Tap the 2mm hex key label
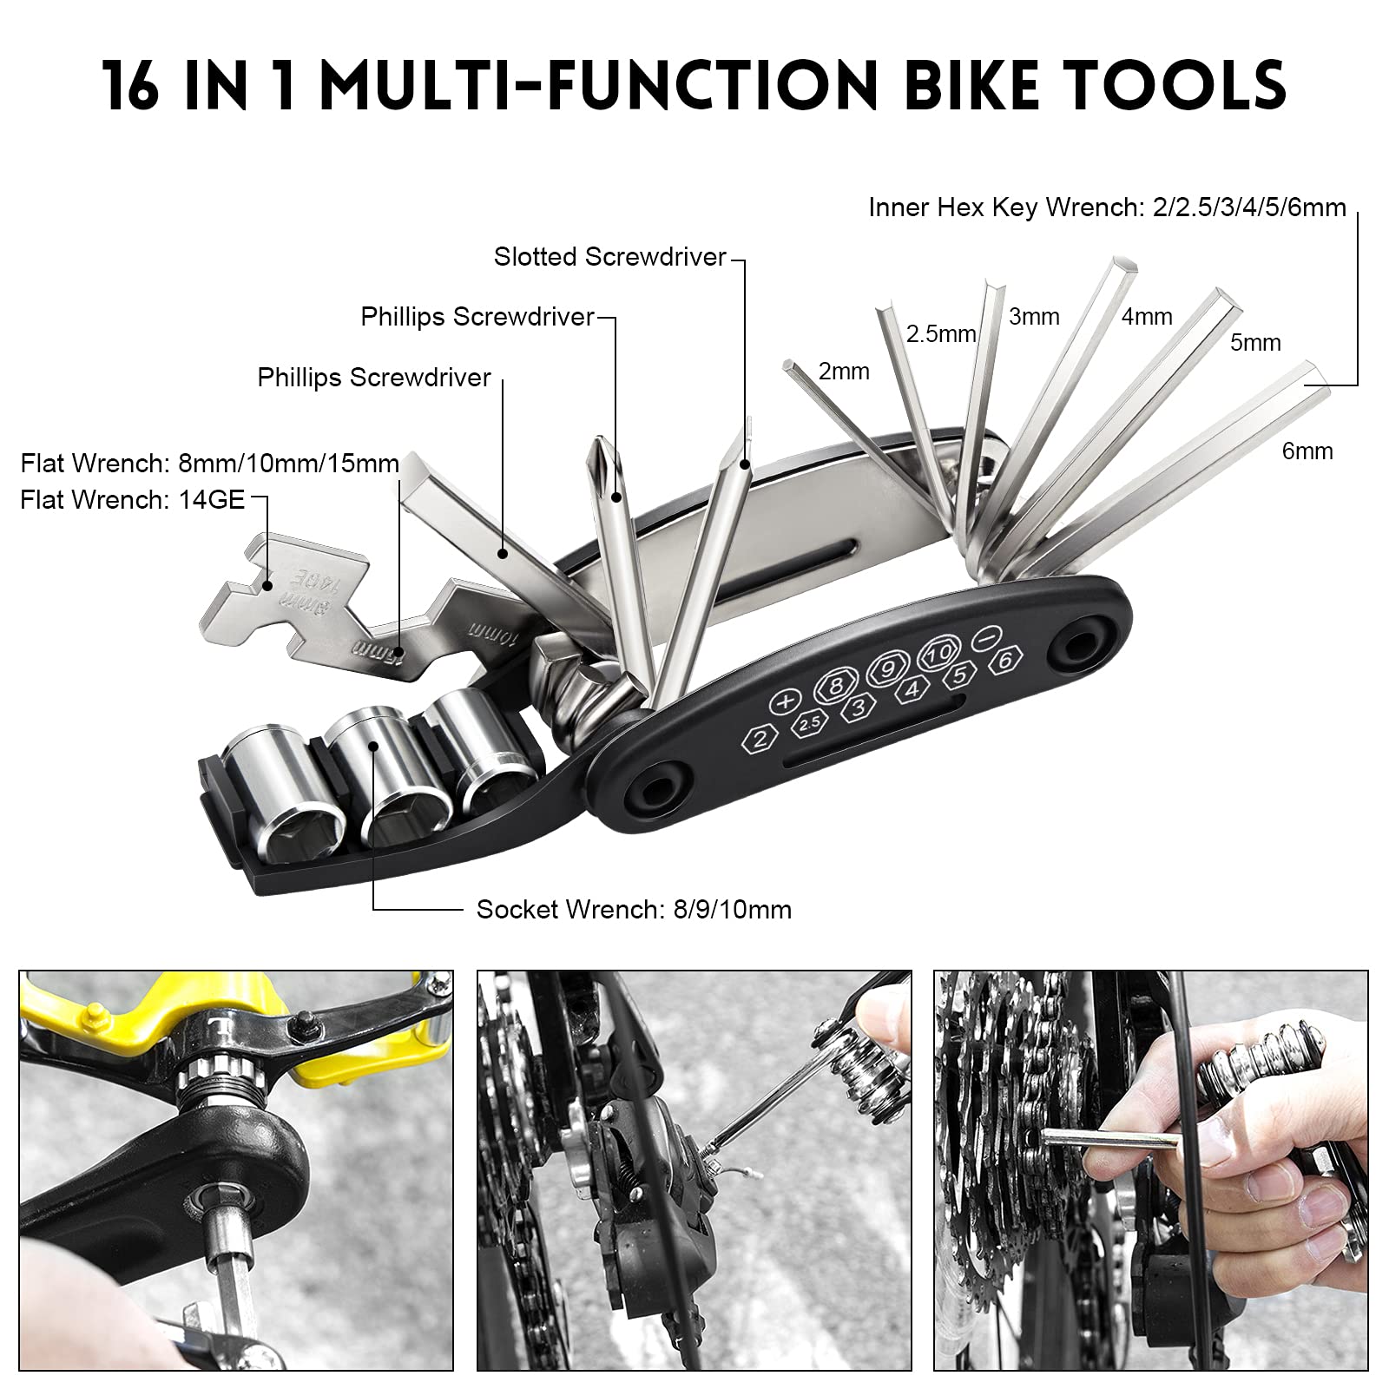click(844, 372)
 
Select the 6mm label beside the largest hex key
click(1307, 451)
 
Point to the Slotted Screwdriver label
click(609, 257)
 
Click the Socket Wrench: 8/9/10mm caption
click(634, 910)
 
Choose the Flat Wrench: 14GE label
click(133, 500)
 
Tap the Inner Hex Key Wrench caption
click(1107, 207)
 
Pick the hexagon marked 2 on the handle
click(760, 739)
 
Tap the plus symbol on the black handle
click(785, 701)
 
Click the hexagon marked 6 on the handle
click(1005, 659)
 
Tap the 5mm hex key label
click(1255, 342)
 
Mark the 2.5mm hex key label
click(941, 333)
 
